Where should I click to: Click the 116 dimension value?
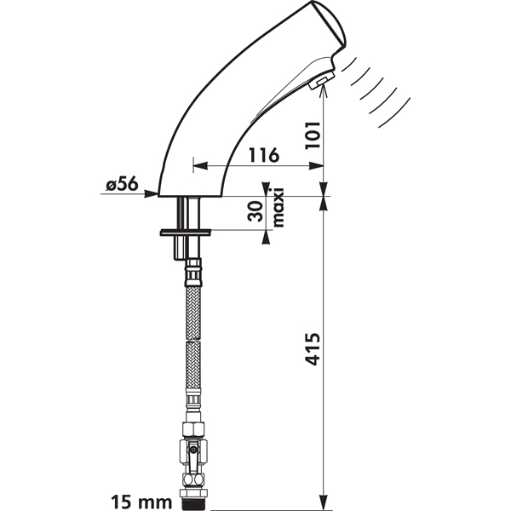pos(264,155)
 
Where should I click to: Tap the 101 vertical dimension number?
pos(313,135)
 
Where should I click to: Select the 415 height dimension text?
pos(313,349)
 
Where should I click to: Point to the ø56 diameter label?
pos(122,184)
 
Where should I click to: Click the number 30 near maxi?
pos(255,211)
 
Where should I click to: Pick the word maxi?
pos(278,207)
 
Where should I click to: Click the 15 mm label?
pos(141,502)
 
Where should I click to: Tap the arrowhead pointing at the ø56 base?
pos(151,194)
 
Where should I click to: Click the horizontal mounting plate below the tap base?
pos(186,233)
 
